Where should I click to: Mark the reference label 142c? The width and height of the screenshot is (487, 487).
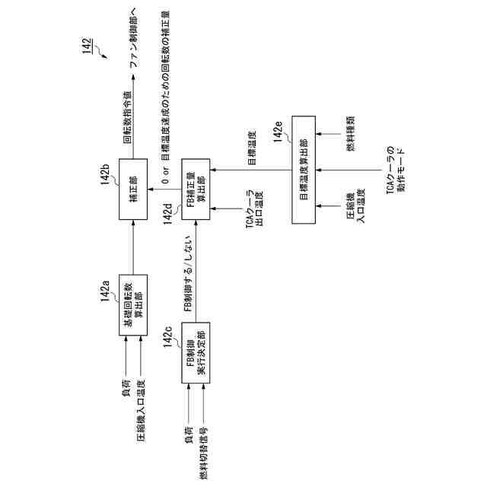(x=170, y=337)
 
